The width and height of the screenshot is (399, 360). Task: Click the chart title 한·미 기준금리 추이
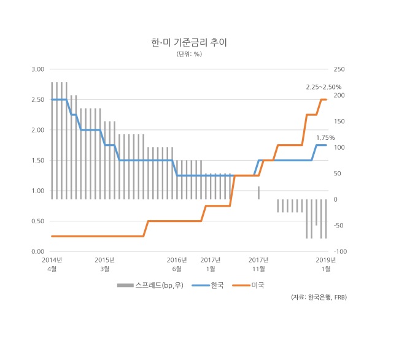(x=189, y=42)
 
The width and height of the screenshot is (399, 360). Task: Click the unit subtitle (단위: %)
(x=189, y=54)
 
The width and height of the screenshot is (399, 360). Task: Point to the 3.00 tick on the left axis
(x=38, y=69)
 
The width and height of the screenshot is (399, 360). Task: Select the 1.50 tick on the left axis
(x=38, y=161)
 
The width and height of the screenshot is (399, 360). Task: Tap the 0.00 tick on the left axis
(x=38, y=251)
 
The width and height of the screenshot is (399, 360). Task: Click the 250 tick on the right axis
(x=339, y=69)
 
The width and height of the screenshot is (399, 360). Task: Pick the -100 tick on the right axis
(x=340, y=251)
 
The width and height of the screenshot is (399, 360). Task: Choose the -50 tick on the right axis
(x=338, y=225)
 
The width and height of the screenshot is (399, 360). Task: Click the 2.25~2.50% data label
(x=323, y=87)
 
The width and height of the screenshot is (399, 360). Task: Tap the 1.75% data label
(x=325, y=137)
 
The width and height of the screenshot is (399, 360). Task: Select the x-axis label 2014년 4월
(x=52, y=264)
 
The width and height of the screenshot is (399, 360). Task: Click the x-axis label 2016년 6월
(x=177, y=264)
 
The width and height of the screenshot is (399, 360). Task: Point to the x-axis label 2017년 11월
(x=258, y=264)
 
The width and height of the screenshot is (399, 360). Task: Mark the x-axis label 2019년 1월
(x=326, y=264)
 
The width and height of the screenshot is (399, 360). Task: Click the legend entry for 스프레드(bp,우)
(x=150, y=285)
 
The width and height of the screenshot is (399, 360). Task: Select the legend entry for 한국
(x=207, y=285)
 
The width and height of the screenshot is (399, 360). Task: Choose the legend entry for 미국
(x=249, y=285)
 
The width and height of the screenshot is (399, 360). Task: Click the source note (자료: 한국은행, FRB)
(x=319, y=297)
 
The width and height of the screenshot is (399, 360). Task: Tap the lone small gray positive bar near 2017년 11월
(x=259, y=193)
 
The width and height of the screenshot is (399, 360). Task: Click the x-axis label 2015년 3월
(x=104, y=264)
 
